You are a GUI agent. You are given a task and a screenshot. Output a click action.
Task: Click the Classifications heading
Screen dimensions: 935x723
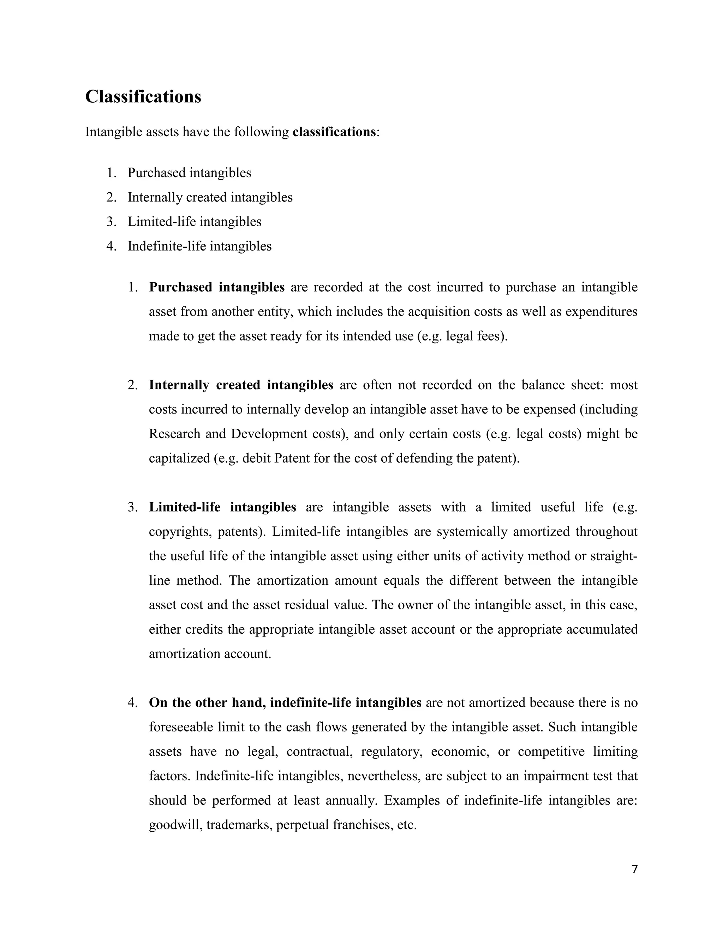pyautogui.click(x=143, y=97)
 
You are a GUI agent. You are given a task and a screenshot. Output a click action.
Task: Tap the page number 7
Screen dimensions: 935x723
pyautogui.click(x=634, y=869)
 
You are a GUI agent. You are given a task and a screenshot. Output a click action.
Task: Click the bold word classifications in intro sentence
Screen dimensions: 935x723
pyautogui.click(x=334, y=132)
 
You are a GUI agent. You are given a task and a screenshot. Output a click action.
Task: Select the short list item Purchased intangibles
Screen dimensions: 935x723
pyautogui.click(x=189, y=173)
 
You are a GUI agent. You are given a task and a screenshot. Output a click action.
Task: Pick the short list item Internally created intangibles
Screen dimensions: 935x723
pyautogui.click(x=210, y=197)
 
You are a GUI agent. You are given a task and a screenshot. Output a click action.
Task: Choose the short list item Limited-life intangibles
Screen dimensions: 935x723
pyautogui.click(x=194, y=222)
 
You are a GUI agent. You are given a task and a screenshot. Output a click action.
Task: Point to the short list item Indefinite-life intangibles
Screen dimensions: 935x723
pyautogui.click(x=199, y=246)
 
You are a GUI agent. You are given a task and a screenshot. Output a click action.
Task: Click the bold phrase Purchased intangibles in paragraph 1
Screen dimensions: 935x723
pyautogui.click(x=216, y=287)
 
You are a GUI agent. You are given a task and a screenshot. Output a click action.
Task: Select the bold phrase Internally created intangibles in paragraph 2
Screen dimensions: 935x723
pyautogui.click(x=241, y=385)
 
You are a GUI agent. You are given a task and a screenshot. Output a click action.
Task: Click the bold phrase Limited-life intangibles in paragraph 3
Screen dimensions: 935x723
pyautogui.click(x=222, y=507)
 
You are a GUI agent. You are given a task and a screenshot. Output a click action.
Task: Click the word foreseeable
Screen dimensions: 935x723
pyautogui.click(x=180, y=727)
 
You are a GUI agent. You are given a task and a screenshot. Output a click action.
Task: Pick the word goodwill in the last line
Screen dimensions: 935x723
pyautogui.click(x=175, y=825)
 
